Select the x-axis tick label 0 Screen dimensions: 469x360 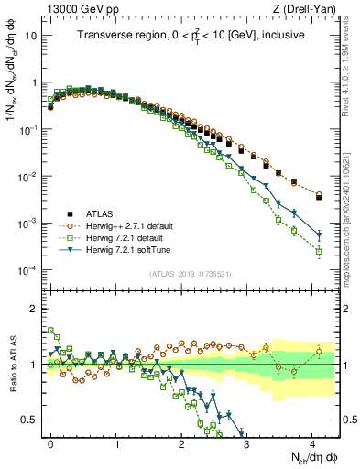pos(50,443)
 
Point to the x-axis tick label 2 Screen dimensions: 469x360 pos(181,443)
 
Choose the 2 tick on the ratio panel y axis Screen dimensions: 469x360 pos(35,308)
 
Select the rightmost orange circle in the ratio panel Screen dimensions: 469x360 pos(319,351)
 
